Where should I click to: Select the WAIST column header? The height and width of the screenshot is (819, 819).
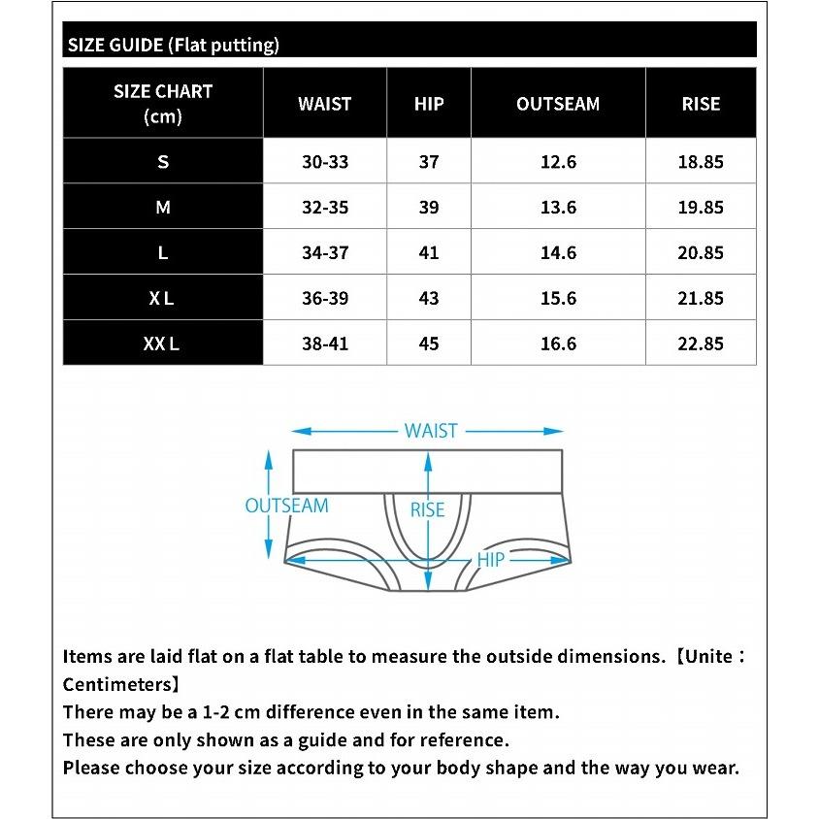tap(324, 104)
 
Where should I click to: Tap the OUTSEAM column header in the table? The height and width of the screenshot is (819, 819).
tap(558, 104)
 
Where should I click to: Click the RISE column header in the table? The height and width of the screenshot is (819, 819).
tap(701, 104)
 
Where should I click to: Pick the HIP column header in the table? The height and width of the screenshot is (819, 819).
tap(429, 104)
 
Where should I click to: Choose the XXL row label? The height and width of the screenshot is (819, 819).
tap(162, 344)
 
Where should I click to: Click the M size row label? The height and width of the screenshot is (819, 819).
tap(162, 208)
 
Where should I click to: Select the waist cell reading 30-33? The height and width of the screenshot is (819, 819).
tap(324, 162)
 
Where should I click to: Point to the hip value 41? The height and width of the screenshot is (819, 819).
tap(429, 253)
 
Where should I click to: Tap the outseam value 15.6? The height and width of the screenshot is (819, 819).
tap(558, 299)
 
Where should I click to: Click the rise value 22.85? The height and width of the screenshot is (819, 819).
tap(701, 344)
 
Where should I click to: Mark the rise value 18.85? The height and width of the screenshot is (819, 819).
tap(701, 162)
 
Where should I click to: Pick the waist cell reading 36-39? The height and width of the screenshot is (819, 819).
tap(324, 299)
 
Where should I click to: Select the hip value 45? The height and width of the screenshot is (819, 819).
tap(429, 344)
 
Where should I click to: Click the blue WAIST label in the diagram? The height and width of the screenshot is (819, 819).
tap(431, 431)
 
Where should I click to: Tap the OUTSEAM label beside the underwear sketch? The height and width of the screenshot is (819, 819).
tap(286, 506)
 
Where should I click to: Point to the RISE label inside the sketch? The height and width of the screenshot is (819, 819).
tap(427, 510)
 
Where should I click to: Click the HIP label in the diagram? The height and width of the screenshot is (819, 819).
tap(491, 560)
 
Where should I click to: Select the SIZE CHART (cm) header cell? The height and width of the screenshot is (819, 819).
tap(162, 104)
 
